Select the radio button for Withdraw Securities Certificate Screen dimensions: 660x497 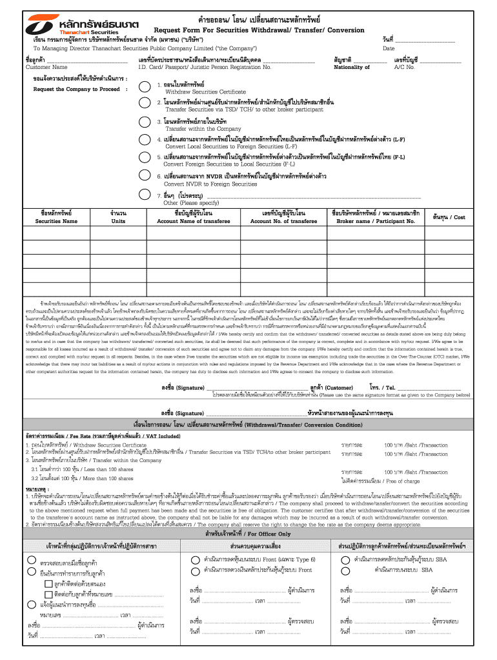point(145,86)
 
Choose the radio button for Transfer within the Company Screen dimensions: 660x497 point(145,122)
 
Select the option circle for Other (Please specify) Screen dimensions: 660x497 point(145,196)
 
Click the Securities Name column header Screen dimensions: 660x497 point(56,221)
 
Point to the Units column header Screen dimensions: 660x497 point(118,221)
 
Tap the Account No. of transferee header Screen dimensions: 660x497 point(283,221)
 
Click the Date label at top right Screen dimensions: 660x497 point(389,48)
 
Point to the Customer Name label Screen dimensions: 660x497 point(46,67)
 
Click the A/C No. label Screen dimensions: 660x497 point(404,67)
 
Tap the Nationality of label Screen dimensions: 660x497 point(352,67)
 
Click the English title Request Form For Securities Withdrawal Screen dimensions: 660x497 point(259,30)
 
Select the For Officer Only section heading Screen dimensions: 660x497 point(248,534)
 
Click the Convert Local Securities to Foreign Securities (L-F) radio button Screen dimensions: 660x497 point(145,141)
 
